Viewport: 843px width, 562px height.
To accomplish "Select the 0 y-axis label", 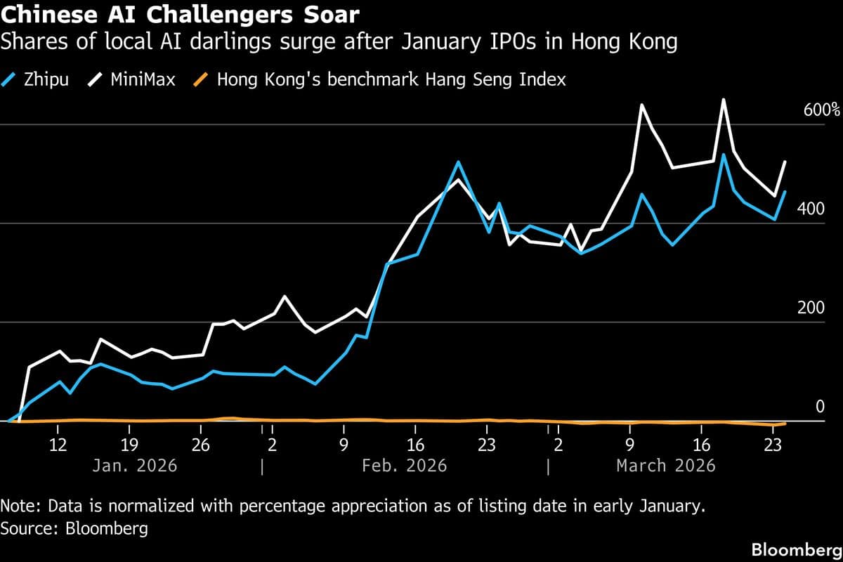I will [x=819, y=407].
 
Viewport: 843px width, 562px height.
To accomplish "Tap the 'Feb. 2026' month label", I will [x=405, y=465].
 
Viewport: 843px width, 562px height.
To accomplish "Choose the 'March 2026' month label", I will [x=665, y=465].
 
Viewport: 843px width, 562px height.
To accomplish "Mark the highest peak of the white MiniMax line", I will [x=724, y=100].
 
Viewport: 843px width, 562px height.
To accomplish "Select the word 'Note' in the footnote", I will [x=17, y=506].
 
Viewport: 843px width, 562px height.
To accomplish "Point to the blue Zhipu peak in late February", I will [x=458, y=162].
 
